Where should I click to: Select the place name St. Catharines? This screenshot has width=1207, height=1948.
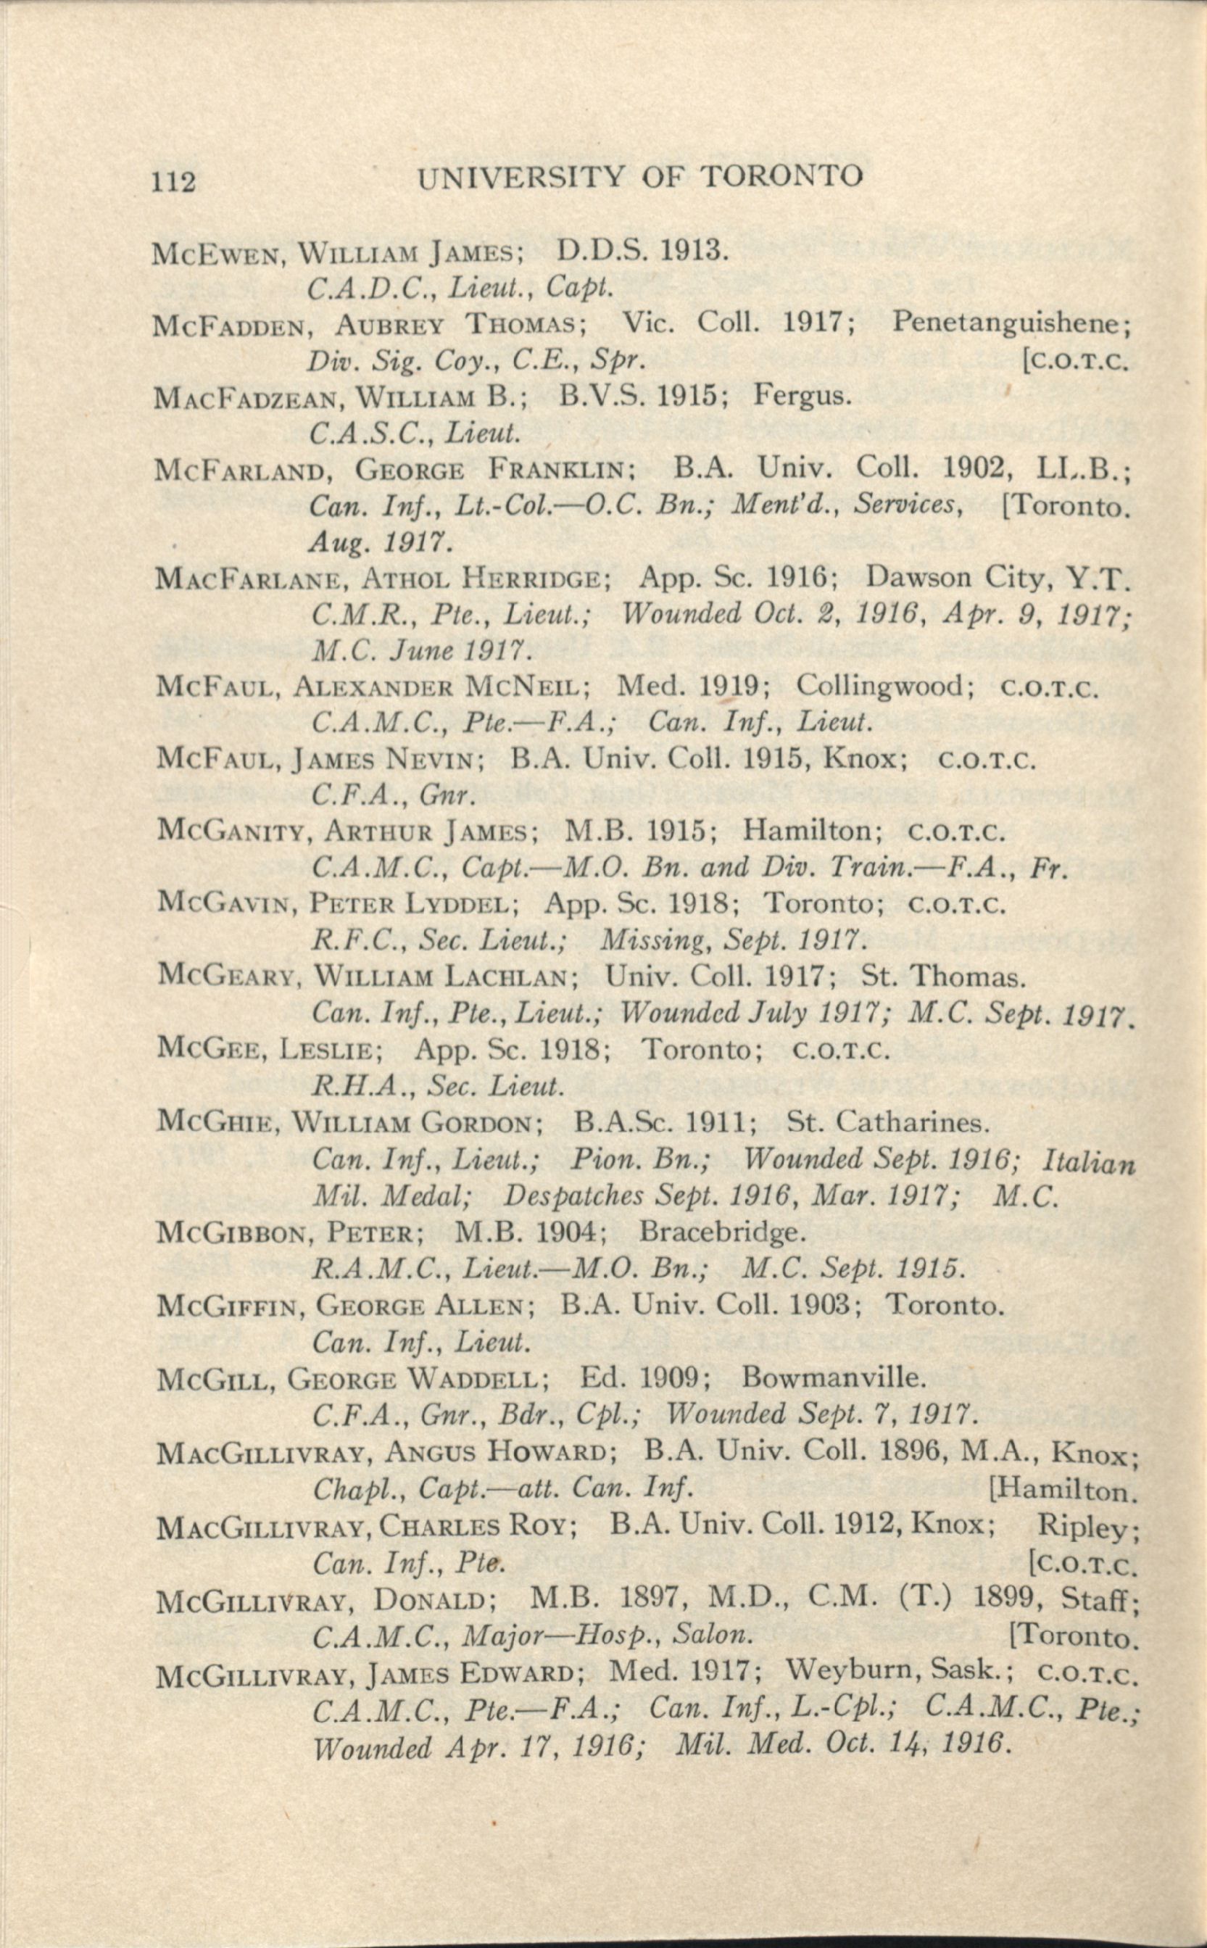point(888,1122)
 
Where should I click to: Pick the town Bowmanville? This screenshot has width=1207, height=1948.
point(834,1378)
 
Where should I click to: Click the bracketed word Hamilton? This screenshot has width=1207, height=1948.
point(1066,1491)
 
